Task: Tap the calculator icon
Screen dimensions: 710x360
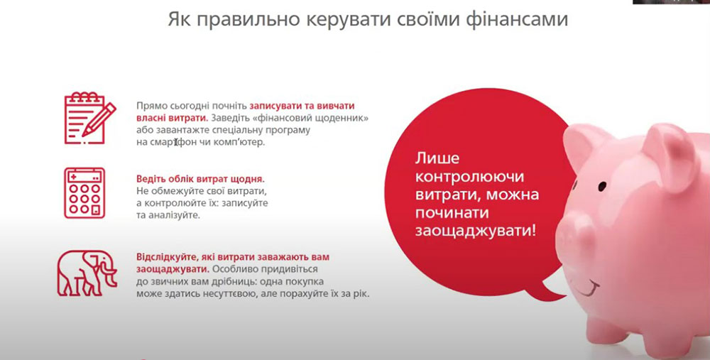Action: (x=84, y=193)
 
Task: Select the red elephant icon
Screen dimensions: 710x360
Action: (x=87, y=273)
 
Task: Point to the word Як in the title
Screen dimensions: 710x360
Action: (x=180, y=19)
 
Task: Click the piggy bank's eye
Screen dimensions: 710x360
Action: (x=602, y=185)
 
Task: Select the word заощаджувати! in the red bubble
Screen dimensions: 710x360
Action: (x=476, y=231)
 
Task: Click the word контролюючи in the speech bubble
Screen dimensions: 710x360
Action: (x=469, y=176)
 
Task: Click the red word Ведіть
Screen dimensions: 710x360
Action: (x=151, y=179)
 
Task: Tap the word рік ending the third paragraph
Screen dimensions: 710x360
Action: (x=361, y=294)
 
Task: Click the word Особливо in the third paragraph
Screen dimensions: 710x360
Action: (x=231, y=269)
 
